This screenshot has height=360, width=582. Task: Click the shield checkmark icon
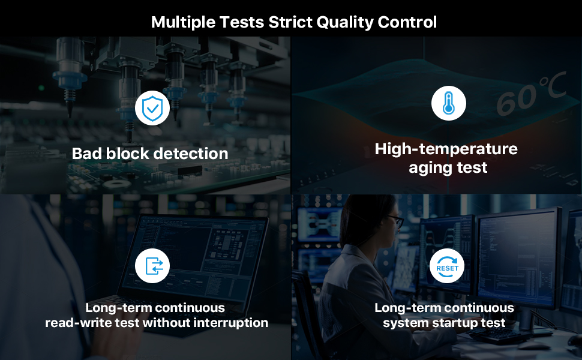point(152,108)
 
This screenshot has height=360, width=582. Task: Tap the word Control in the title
point(407,22)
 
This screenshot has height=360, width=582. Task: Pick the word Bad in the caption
point(86,154)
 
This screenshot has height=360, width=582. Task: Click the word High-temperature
point(446,149)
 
